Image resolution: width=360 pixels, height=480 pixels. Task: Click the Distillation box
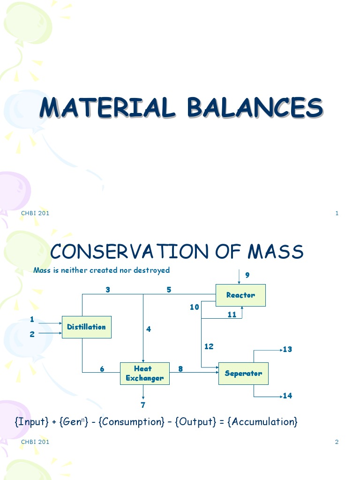point(87,327)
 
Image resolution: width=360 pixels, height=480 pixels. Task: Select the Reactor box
point(240,295)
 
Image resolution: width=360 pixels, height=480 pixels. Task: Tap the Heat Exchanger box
point(145,374)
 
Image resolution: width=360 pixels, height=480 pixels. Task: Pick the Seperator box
point(243,374)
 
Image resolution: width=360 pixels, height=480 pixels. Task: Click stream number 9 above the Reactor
point(247,275)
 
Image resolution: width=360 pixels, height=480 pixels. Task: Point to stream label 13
point(287,349)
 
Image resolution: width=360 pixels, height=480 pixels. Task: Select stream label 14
point(287,396)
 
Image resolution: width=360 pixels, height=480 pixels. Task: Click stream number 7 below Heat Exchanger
point(143,405)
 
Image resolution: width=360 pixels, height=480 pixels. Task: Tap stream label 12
point(209,346)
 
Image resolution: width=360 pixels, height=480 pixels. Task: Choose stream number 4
point(149,329)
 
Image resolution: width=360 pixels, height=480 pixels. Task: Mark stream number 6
point(102,369)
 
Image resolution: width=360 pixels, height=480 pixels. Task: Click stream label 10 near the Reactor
point(195,307)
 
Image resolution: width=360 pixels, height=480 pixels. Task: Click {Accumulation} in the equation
point(263,421)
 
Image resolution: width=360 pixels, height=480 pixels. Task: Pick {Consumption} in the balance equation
point(132,421)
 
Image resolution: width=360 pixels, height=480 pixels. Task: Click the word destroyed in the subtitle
point(151,270)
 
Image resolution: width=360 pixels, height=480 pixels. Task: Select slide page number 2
point(337,442)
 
